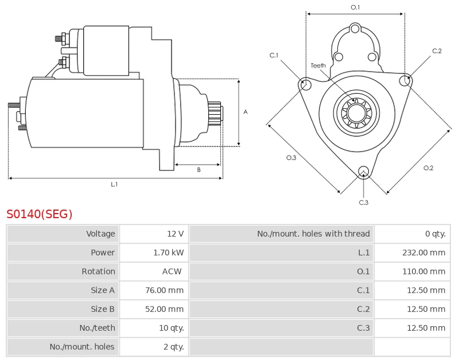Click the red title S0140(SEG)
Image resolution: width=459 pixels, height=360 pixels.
pos(40,214)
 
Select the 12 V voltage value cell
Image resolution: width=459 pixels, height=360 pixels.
pos(175,234)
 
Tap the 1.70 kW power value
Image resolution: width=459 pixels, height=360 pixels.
pos(169,253)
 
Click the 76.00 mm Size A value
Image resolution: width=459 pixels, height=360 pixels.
pos(165,291)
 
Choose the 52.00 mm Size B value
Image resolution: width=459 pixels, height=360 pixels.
pos(165,309)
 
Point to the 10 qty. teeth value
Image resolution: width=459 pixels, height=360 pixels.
pos(169,328)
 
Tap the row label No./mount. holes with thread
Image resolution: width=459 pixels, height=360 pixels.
pos(313,234)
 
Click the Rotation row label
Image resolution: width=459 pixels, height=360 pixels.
pos(99,272)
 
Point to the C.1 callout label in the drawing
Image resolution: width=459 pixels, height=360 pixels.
pos(274,55)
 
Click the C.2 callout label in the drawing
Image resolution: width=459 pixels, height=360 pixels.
pos(437,51)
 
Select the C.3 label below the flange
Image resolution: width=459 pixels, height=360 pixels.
pos(363,202)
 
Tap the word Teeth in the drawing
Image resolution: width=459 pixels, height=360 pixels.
pos(318,65)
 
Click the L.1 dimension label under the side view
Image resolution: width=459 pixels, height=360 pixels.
pos(114,184)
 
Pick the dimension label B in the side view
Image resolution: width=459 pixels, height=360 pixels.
pos(199,169)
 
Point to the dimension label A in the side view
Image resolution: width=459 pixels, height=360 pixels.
pos(245,112)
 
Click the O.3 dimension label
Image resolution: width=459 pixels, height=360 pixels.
pos(291,158)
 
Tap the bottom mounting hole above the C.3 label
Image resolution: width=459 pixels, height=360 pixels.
pos(363,172)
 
